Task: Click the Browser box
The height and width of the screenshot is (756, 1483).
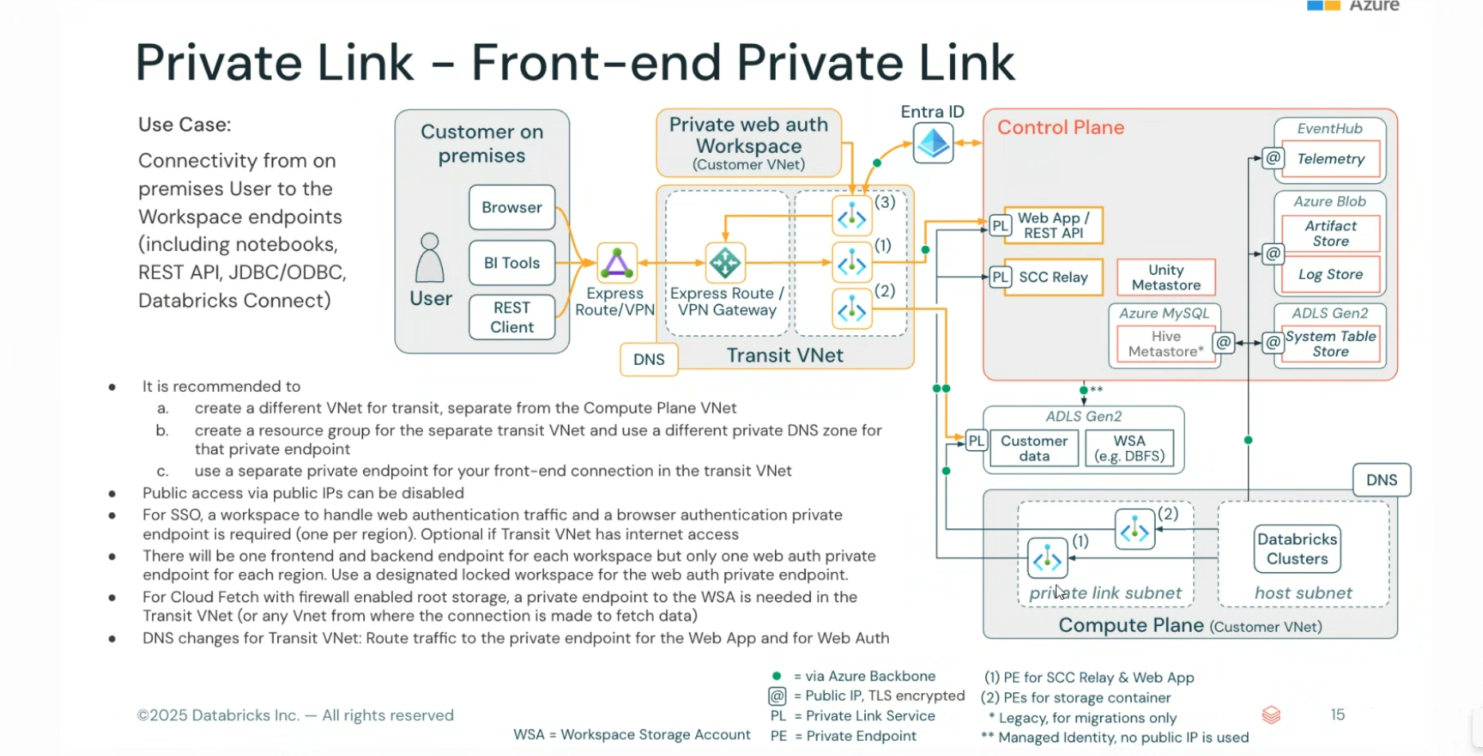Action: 511,207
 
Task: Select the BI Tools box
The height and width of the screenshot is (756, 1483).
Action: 511,263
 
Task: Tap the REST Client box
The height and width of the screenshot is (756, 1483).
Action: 511,317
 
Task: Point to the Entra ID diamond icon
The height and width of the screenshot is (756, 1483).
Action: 933,143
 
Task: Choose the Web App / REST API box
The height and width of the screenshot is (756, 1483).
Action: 1053,225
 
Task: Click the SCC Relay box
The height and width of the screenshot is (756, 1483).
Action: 1053,277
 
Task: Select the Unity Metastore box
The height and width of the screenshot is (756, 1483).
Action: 1166,277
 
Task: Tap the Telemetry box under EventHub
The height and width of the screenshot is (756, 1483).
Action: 1330,159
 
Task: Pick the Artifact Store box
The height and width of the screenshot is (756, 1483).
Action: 1330,233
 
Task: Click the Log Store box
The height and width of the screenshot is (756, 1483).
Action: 1330,274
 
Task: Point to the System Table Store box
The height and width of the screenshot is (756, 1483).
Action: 1330,343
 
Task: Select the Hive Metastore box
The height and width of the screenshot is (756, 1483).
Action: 1166,343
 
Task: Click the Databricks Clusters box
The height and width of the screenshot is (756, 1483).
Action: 1297,549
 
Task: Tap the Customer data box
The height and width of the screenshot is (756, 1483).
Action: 1034,448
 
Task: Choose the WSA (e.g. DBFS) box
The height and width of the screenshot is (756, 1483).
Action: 1129,448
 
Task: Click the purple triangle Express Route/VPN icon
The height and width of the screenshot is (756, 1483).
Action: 616,263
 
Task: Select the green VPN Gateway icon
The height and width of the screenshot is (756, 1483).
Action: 725,263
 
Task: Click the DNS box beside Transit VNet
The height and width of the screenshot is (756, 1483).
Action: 648,359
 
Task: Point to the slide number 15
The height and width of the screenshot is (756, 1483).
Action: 1337,715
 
